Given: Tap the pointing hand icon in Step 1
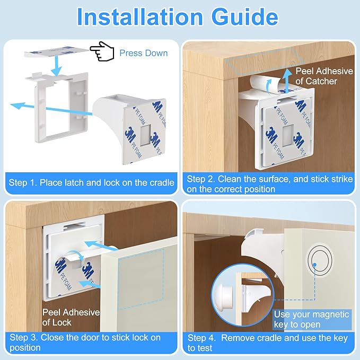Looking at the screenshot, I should (102, 52).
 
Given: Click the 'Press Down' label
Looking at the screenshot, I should (143, 53).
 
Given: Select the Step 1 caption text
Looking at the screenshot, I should (92, 183).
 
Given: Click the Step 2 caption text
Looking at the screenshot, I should (269, 184).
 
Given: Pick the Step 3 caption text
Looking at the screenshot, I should (85, 343).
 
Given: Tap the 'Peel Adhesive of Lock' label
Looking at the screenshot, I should (71, 317).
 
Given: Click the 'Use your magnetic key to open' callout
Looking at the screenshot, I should (311, 319).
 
